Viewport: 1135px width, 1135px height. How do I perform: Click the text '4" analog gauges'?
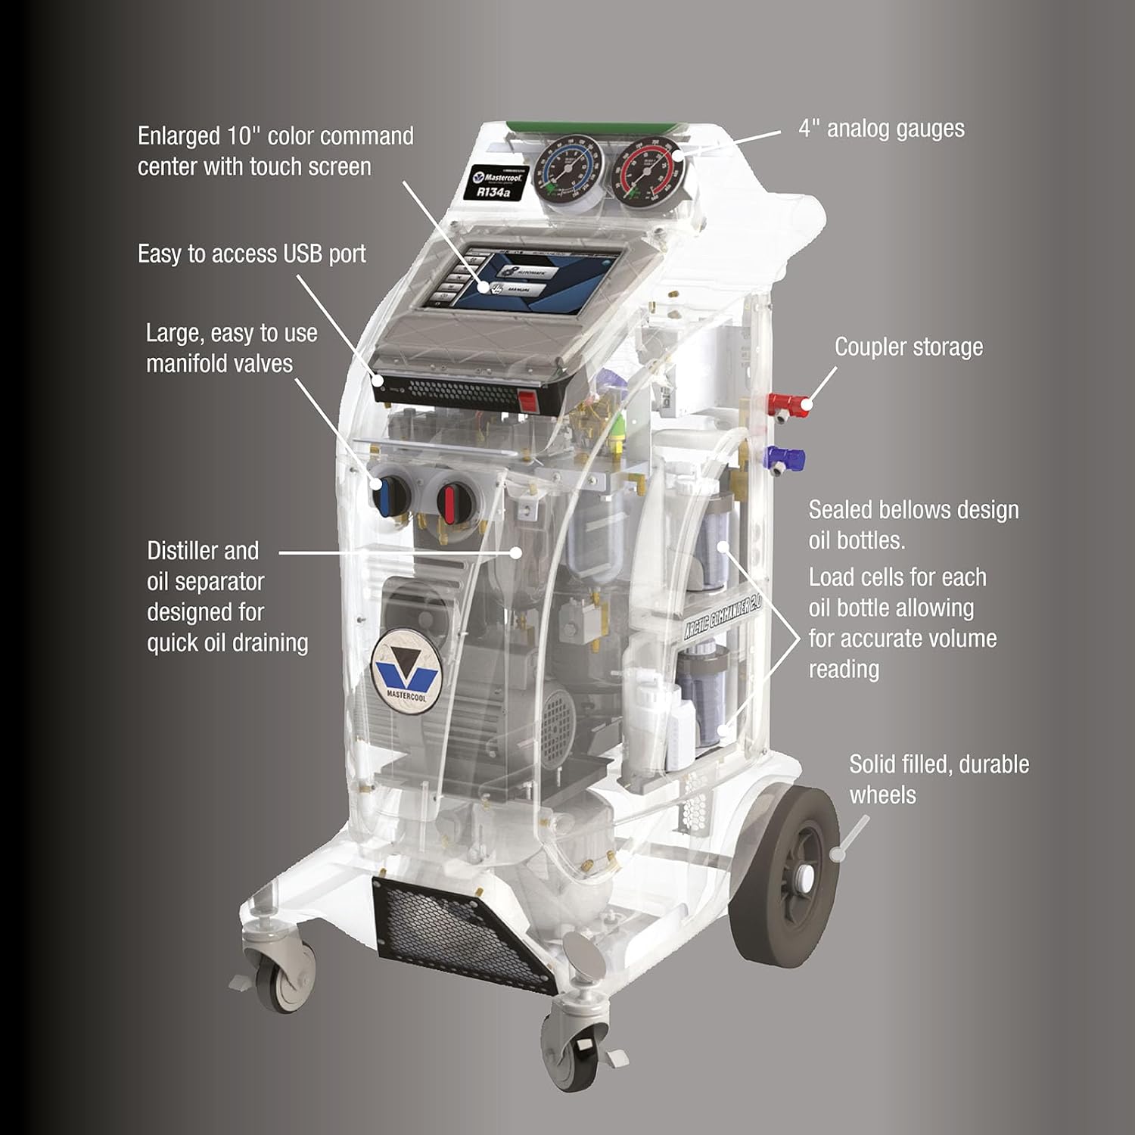(882, 129)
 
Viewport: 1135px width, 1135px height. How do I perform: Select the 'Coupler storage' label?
(909, 347)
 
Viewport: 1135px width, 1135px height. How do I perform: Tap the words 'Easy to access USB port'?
(252, 254)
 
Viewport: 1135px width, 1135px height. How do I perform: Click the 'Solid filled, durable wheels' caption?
(938, 779)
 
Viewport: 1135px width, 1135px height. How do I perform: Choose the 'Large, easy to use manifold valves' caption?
(231, 348)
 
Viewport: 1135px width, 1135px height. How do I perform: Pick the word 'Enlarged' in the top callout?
(179, 136)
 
